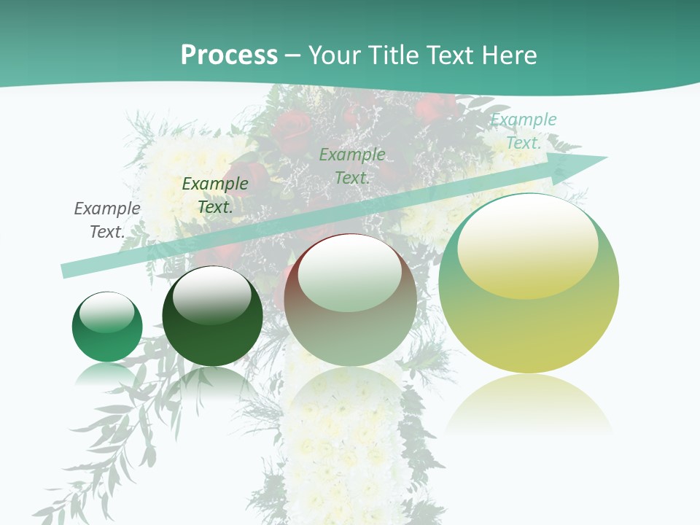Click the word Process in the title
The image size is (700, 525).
point(229,55)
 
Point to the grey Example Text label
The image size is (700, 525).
point(107,220)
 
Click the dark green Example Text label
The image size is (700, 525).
point(215,195)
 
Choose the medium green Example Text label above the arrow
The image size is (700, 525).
point(352,166)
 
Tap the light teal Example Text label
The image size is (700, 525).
point(524,131)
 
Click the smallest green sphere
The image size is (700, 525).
point(107,327)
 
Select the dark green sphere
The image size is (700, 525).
point(212,316)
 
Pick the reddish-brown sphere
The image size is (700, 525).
point(351,300)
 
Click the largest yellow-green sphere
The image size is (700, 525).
point(529,284)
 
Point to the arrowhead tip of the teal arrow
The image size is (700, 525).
point(607,157)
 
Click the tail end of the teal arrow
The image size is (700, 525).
point(64,271)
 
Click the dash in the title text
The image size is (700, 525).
point(293,55)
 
